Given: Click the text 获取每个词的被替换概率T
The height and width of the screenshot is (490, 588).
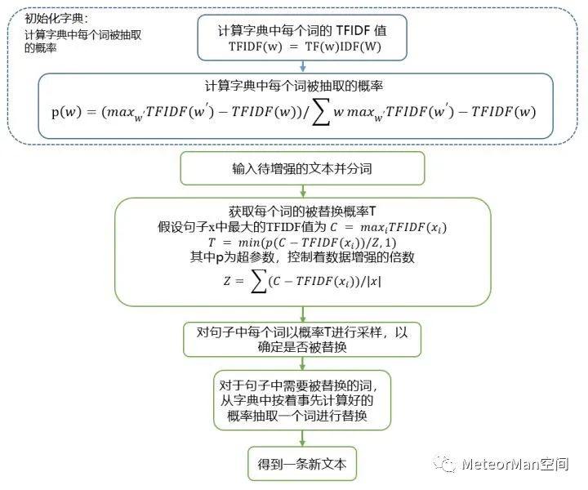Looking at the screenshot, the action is click(302, 210).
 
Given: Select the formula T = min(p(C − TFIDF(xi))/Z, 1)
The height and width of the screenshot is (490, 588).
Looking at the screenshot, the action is click(302, 243).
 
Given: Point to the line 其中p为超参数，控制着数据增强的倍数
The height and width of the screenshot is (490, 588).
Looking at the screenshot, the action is click(302, 259).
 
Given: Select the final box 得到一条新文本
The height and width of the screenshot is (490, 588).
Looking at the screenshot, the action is click(303, 464).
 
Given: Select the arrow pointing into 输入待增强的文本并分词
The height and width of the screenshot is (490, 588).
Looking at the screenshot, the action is click(302, 151).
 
